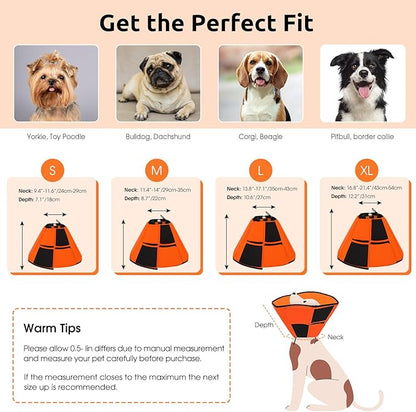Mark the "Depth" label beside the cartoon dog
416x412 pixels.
point(262,325)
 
